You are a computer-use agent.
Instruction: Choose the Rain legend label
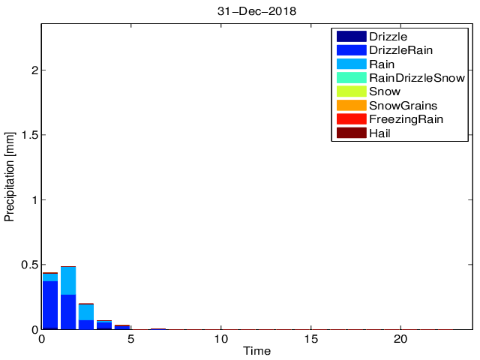(x=382, y=64)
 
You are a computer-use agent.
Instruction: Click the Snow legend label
(x=384, y=91)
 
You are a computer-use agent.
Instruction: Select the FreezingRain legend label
(x=406, y=119)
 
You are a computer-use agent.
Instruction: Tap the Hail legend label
(x=379, y=133)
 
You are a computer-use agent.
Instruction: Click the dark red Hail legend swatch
(x=351, y=133)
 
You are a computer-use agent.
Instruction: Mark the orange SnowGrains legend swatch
(x=351, y=105)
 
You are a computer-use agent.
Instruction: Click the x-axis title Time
(x=257, y=351)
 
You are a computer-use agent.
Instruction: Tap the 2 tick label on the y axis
(x=34, y=70)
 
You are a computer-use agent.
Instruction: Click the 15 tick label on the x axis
(x=311, y=339)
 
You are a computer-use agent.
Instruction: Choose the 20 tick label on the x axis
(x=401, y=339)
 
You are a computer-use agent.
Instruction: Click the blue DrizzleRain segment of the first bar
(x=50, y=304)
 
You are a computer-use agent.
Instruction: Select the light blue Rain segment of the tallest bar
(x=68, y=280)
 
